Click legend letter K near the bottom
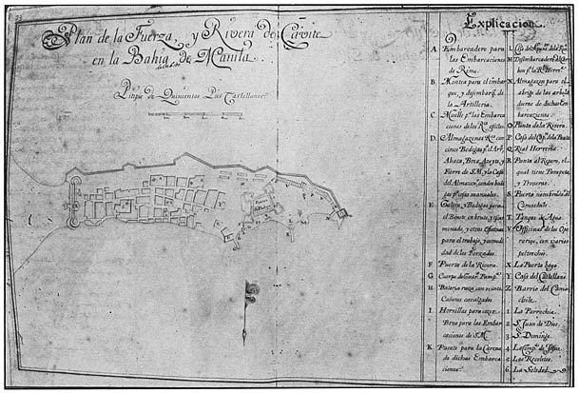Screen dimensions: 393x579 [x=434, y=349]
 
